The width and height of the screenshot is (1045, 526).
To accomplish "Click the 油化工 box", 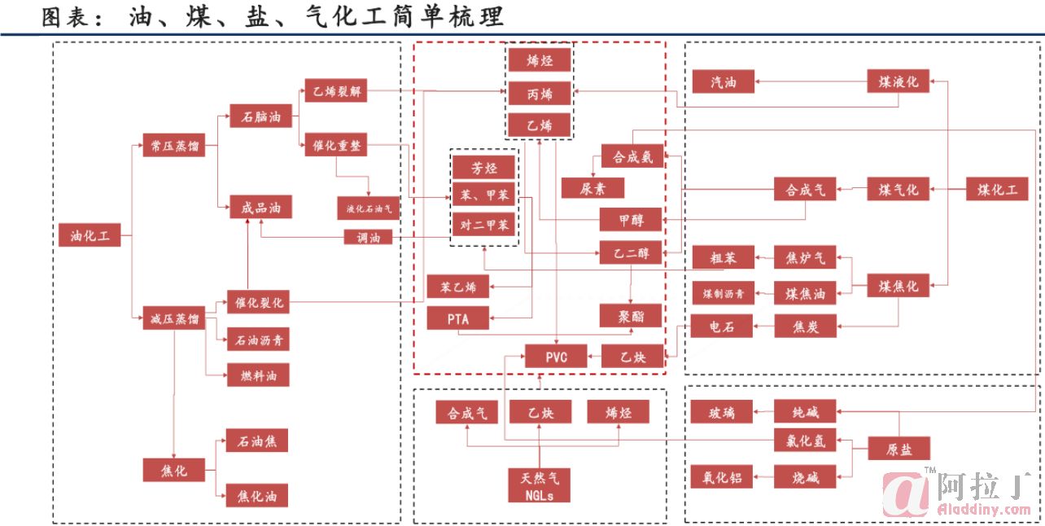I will click(x=90, y=236).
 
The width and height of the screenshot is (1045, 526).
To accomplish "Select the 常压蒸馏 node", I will click(x=173, y=147).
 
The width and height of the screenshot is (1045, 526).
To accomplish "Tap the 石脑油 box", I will click(x=260, y=117).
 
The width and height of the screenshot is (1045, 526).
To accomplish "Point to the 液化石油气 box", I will click(x=369, y=208).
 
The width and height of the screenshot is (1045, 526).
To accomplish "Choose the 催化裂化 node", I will click(x=258, y=302).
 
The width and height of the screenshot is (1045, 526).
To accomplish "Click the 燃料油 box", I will click(x=258, y=375).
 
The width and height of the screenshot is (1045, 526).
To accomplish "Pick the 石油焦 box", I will click(x=257, y=441).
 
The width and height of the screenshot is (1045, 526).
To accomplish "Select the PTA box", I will click(x=458, y=319).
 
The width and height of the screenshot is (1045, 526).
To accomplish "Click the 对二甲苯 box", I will click(x=483, y=225).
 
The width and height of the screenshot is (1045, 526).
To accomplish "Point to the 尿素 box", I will click(x=592, y=188).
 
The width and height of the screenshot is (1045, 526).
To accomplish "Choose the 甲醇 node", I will click(x=632, y=220).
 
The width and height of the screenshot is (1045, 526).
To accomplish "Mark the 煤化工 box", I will click(x=997, y=190).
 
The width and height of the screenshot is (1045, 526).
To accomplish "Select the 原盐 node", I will click(x=899, y=449).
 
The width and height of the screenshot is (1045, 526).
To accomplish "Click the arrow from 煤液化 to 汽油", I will click(x=811, y=81).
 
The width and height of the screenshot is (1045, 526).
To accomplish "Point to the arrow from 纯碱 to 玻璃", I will click(x=763, y=412).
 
